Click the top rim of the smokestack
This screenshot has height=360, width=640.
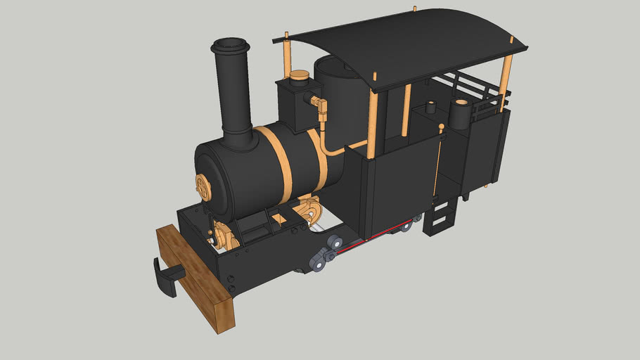point(230,46)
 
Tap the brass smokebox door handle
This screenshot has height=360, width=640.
point(203,186)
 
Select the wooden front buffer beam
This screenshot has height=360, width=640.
point(195,278)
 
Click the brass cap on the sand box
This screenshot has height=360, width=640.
point(300,75)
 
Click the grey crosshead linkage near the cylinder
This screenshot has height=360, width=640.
point(321,258)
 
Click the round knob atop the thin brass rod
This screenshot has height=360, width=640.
point(441,127)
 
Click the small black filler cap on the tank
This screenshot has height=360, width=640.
point(430,108)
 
